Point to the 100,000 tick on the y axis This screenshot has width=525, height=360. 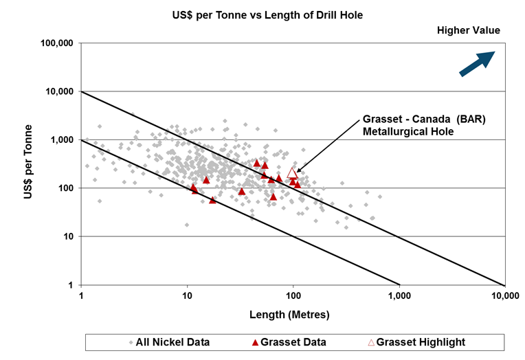pyautogui.click(x=58, y=43)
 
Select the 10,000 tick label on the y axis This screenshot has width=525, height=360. pyautogui.click(x=60, y=91)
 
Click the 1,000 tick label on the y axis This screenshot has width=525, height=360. pyautogui.click(x=63, y=140)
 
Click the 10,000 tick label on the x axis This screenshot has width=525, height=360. pyautogui.click(x=505, y=296)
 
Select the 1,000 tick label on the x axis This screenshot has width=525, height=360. pyautogui.click(x=399, y=296)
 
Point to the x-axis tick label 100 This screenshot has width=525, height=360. pyautogui.click(x=293, y=296)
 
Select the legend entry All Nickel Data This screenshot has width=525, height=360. pyautogui.click(x=168, y=342)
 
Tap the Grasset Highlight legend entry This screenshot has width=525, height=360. pyautogui.click(x=416, y=342)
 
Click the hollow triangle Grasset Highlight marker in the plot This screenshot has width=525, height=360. pyautogui.click(x=292, y=172)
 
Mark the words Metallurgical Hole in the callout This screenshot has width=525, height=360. pyautogui.click(x=408, y=131)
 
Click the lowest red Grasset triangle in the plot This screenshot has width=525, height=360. pyautogui.click(x=212, y=200)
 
